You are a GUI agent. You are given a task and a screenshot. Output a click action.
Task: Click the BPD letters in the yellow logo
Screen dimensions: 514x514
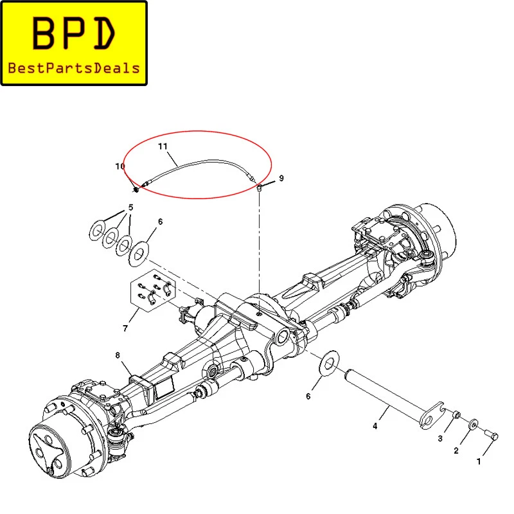click(74, 33)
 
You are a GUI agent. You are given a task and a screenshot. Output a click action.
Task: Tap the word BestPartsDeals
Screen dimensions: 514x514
click(74, 68)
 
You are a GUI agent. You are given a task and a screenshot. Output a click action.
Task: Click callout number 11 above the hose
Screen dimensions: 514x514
click(163, 146)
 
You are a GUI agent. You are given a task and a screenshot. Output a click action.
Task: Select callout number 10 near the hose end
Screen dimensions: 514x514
click(120, 166)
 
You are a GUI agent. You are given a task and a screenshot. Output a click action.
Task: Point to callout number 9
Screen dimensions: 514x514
click(281, 178)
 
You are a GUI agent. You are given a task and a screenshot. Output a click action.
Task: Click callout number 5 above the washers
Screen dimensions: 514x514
click(131, 208)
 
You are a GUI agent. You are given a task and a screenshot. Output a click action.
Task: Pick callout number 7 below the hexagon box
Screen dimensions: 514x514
click(125, 328)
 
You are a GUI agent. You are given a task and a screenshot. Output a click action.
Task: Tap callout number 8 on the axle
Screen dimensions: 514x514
click(118, 355)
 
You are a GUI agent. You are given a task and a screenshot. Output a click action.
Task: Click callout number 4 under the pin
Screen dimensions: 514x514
click(375, 426)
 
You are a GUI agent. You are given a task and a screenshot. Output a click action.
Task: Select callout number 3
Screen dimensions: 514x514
click(440, 438)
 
